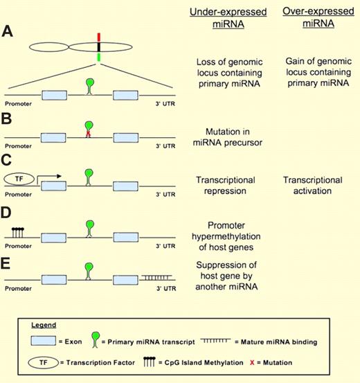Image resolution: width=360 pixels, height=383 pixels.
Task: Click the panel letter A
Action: (9, 30)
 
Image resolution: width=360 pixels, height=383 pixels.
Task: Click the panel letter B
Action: (9, 118)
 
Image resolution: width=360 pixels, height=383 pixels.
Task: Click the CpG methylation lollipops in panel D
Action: (19, 231)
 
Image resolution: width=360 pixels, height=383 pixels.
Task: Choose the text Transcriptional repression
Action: (226, 185)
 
